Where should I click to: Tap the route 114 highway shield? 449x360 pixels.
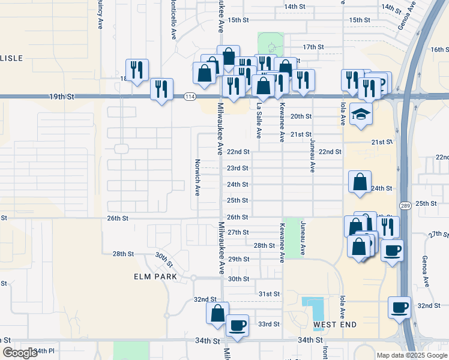click(x=190, y=97)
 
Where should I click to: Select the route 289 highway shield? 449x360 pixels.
click(x=406, y=206)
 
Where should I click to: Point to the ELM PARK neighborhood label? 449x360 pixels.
click(x=155, y=277)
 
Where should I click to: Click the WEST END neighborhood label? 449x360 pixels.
click(x=335, y=325)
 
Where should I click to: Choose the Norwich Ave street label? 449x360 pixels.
click(x=197, y=177)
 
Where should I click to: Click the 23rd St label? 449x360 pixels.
click(x=238, y=169)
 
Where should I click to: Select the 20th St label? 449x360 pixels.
click(x=301, y=116)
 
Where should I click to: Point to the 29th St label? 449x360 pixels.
click(x=238, y=259)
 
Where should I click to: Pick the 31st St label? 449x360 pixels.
click(x=269, y=294)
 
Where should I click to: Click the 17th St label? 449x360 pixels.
click(x=313, y=47)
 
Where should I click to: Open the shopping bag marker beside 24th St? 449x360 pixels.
click(x=360, y=182)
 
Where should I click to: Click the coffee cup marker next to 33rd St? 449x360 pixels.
click(x=237, y=326)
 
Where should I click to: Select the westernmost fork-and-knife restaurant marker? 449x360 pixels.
click(x=137, y=70)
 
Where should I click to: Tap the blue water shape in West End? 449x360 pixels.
click(x=313, y=308)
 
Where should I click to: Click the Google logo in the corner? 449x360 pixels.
click(x=20, y=353)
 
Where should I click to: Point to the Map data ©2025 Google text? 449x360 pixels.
click(x=411, y=355)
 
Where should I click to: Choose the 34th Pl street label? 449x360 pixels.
click(x=44, y=350)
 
